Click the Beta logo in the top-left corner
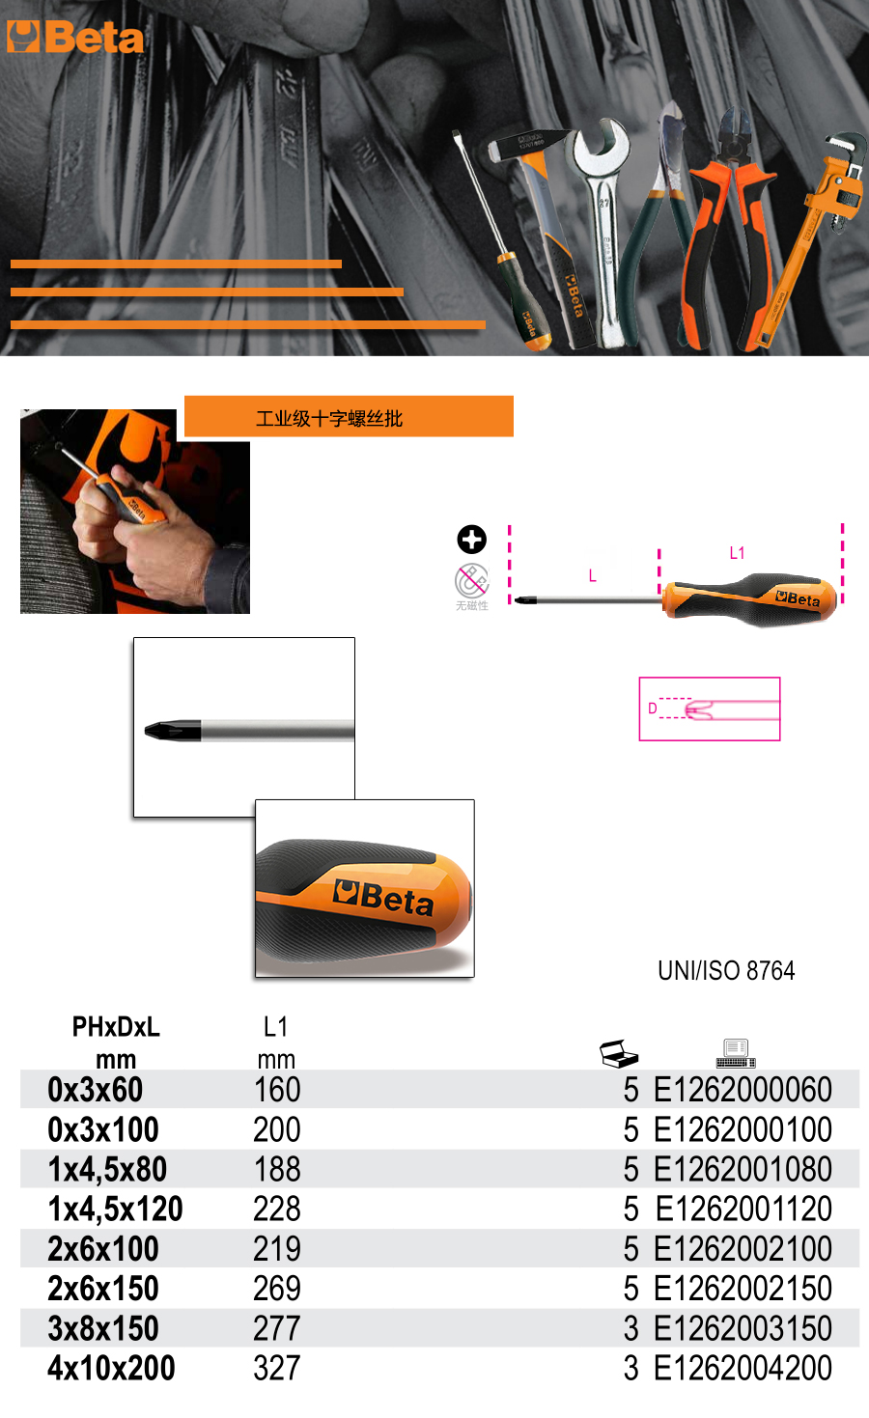[74, 39]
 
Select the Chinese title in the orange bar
[329, 418]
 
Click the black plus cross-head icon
[471, 540]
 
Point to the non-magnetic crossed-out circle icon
[471, 581]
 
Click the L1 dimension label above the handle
[737, 553]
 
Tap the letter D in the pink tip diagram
[653, 709]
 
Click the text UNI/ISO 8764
[726, 970]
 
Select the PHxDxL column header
[116, 1026]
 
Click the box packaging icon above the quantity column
[619, 1054]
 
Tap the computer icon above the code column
[736, 1053]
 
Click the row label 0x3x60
[96, 1090]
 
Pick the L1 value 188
[277, 1169]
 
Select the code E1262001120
[743, 1209]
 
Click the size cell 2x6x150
[103, 1288]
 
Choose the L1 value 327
[277, 1368]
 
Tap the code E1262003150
[743, 1328]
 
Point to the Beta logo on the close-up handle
[383, 897]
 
